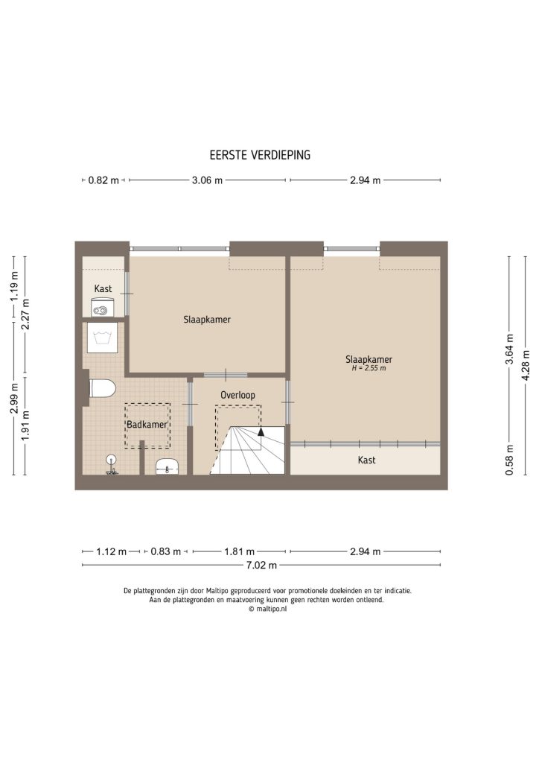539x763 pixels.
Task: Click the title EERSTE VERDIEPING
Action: click(260, 156)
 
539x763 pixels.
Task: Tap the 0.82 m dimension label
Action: click(103, 180)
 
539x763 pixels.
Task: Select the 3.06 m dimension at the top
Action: click(208, 180)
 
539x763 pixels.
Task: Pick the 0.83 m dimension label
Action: click(165, 552)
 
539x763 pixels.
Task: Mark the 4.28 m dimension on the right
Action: click(526, 365)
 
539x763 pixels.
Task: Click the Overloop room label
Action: click(238, 393)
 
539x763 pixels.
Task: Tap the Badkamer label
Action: click(146, 425)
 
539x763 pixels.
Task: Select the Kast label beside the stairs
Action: click(366, 460)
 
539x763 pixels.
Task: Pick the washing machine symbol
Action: click(101, 337)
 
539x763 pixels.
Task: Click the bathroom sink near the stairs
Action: click(168, 468)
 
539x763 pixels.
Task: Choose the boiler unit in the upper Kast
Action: click(101, 306)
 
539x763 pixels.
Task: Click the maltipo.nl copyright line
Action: click(268, 608)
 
